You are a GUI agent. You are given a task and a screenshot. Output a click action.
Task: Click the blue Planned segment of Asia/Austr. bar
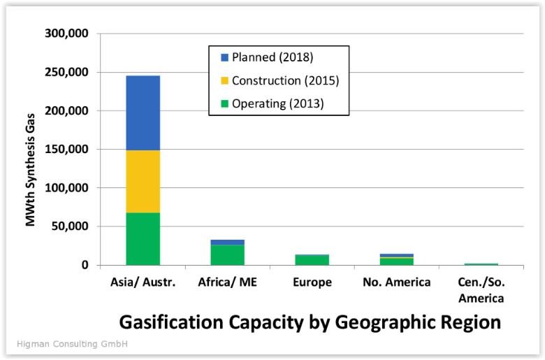tap(143, 113)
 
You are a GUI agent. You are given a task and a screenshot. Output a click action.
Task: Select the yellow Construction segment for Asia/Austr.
tap(143, 182)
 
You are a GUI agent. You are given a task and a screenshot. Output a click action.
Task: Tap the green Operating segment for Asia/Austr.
tap(143, 239)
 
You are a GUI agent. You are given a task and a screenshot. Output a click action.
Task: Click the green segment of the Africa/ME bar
tap(227, 255)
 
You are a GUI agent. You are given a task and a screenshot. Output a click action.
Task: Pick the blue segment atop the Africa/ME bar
tap(227, 242)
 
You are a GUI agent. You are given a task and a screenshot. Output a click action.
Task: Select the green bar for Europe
tap(312, 260)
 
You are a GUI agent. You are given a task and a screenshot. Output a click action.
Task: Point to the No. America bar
tap(397, 259)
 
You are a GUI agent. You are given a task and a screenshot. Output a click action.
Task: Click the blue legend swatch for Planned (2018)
tap(224, 57)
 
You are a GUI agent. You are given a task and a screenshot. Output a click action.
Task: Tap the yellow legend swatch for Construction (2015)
tap(224, 80)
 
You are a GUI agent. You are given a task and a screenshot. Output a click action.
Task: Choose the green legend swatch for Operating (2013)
tap(224, 103)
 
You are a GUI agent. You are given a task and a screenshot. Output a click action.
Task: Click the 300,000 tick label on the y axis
tap(67, 34)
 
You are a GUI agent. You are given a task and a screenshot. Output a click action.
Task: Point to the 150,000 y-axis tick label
tap(67, 149)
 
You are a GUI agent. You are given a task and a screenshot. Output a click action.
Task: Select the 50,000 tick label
tap(70, 226)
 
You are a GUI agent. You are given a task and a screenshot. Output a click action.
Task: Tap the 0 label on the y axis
tap(85, 265)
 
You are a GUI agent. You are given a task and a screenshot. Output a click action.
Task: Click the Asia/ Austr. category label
tap(143, 282)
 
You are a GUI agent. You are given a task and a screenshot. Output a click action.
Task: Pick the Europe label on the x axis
tap(312, 282)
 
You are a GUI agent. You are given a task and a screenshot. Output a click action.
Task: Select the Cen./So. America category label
tap(481, 290)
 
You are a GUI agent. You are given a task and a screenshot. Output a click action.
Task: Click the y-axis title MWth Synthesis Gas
tap(31, 170)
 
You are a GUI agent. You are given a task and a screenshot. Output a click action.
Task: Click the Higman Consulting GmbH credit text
tap(72, 344)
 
